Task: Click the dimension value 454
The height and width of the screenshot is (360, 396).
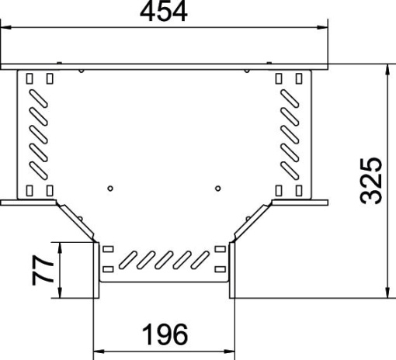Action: [x=164, y=12]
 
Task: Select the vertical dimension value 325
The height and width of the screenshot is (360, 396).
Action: [x=373, y=180]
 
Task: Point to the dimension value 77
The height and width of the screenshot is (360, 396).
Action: [x=45, y=269]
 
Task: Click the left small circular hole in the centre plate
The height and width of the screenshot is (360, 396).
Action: [x=111, y=187]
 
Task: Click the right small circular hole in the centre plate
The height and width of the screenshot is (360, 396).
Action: [x=218, y=187]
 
